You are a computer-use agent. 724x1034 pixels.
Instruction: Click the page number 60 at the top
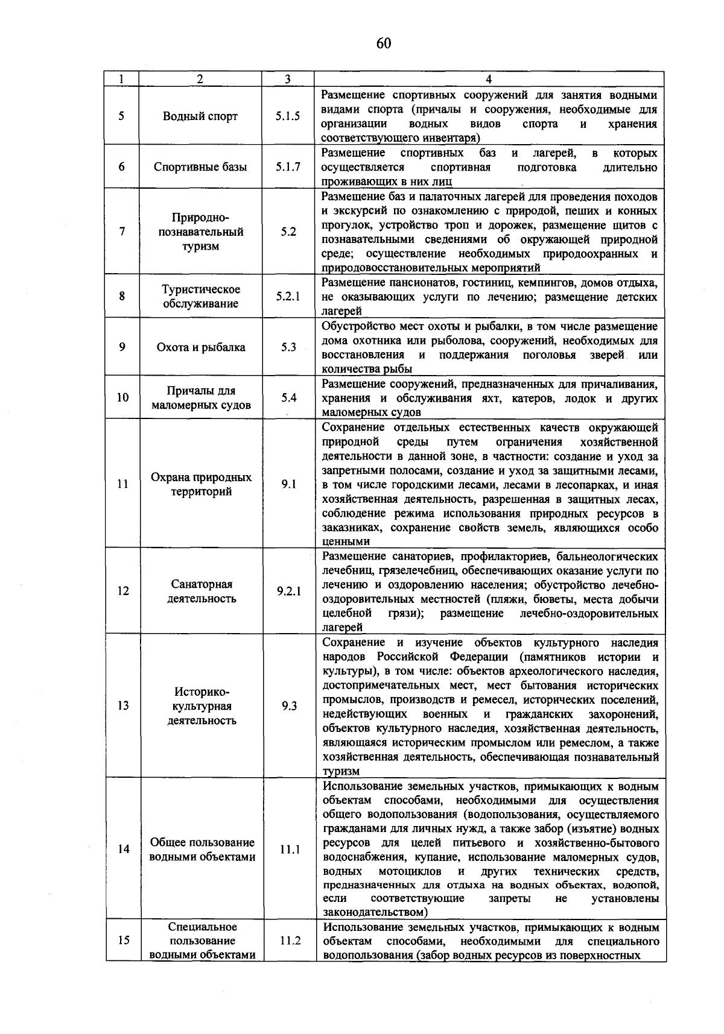(384, 43)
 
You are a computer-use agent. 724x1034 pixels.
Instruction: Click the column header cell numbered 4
(489, 79)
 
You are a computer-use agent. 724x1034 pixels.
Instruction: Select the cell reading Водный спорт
(200, 116)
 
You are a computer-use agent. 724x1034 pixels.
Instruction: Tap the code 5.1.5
(288, 116)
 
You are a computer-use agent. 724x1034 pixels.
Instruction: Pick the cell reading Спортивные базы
(200, 167)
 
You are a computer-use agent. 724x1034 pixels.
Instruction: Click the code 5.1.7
(288, 167)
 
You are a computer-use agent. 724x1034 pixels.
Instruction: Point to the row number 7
(122, 232)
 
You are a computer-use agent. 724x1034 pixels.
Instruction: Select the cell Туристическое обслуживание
(201, 297)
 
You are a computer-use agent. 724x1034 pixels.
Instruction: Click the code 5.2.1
(288, 297)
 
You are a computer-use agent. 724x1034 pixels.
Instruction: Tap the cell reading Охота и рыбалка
(201, 347)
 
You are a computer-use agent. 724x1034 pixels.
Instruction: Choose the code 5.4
(288, 398)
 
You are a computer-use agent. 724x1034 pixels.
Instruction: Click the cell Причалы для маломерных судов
(201, 398)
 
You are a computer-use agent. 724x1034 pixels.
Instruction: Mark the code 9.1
(288, 484)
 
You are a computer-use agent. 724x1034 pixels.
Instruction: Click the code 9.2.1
(289, 591)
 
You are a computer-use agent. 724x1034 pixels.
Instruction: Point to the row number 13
(123, 706)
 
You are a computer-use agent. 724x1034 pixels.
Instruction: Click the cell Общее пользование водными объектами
(202, 850)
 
